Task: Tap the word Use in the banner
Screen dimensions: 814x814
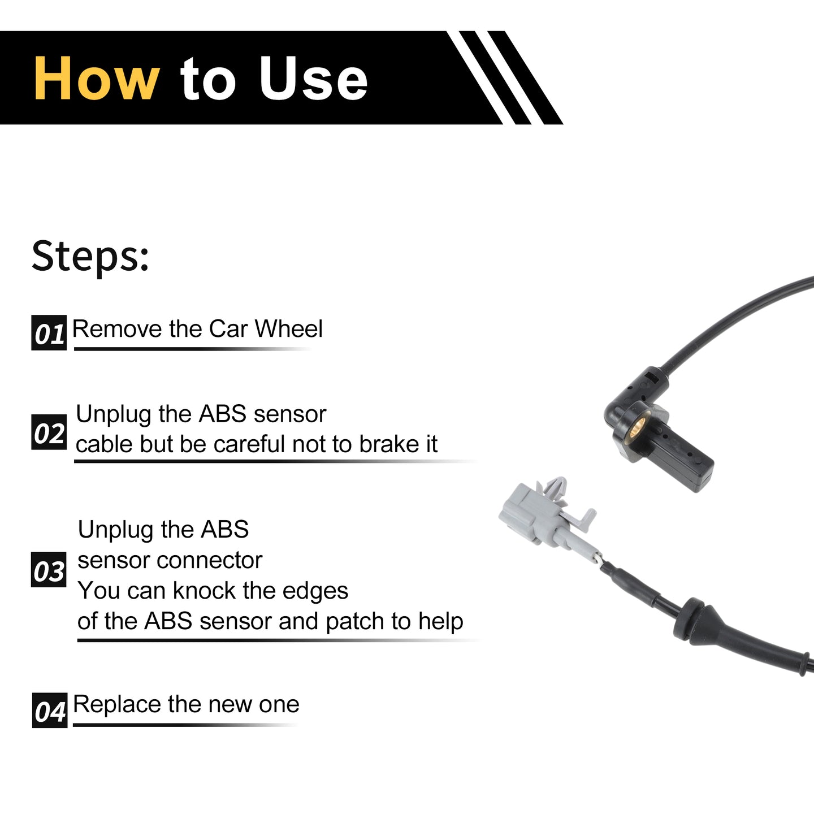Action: point(313,79)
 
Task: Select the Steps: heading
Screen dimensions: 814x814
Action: point(90,256)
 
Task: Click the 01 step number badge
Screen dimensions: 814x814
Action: point(49,332)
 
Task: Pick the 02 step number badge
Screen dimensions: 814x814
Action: point(49,432)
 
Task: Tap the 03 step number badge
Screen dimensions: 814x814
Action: point(49,569)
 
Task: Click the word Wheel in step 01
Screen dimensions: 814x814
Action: point(288,328)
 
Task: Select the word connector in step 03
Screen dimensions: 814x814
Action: point(210,561)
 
